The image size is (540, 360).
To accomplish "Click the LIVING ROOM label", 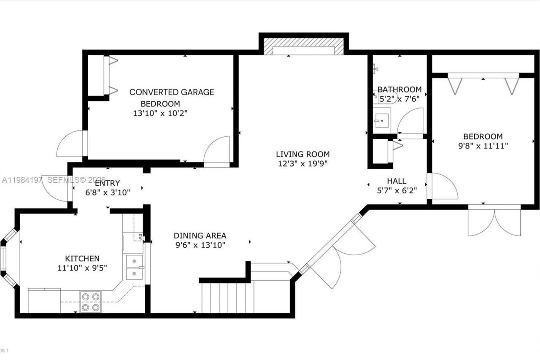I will [x=302, y=154].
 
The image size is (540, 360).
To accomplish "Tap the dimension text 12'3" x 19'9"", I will [x=302, y=163].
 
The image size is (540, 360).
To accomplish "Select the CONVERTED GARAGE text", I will [x=172, y=92].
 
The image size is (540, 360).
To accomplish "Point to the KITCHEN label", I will [x=82, y=258].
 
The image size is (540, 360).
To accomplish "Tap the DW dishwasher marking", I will [x=139, y=236].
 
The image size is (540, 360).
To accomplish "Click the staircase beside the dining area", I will [x=228, y=298].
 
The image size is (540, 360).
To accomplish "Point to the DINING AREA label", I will [x=200, y=235].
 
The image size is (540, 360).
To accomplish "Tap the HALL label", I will [x=397, y=181].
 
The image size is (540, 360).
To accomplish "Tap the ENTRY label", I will [x=107, y=183].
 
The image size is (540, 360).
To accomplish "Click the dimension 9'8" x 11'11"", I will [x=483, y=146].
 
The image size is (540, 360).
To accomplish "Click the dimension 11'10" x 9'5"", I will [x=82, y=268].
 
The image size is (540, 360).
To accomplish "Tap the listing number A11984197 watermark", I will [x=22, y=180].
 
